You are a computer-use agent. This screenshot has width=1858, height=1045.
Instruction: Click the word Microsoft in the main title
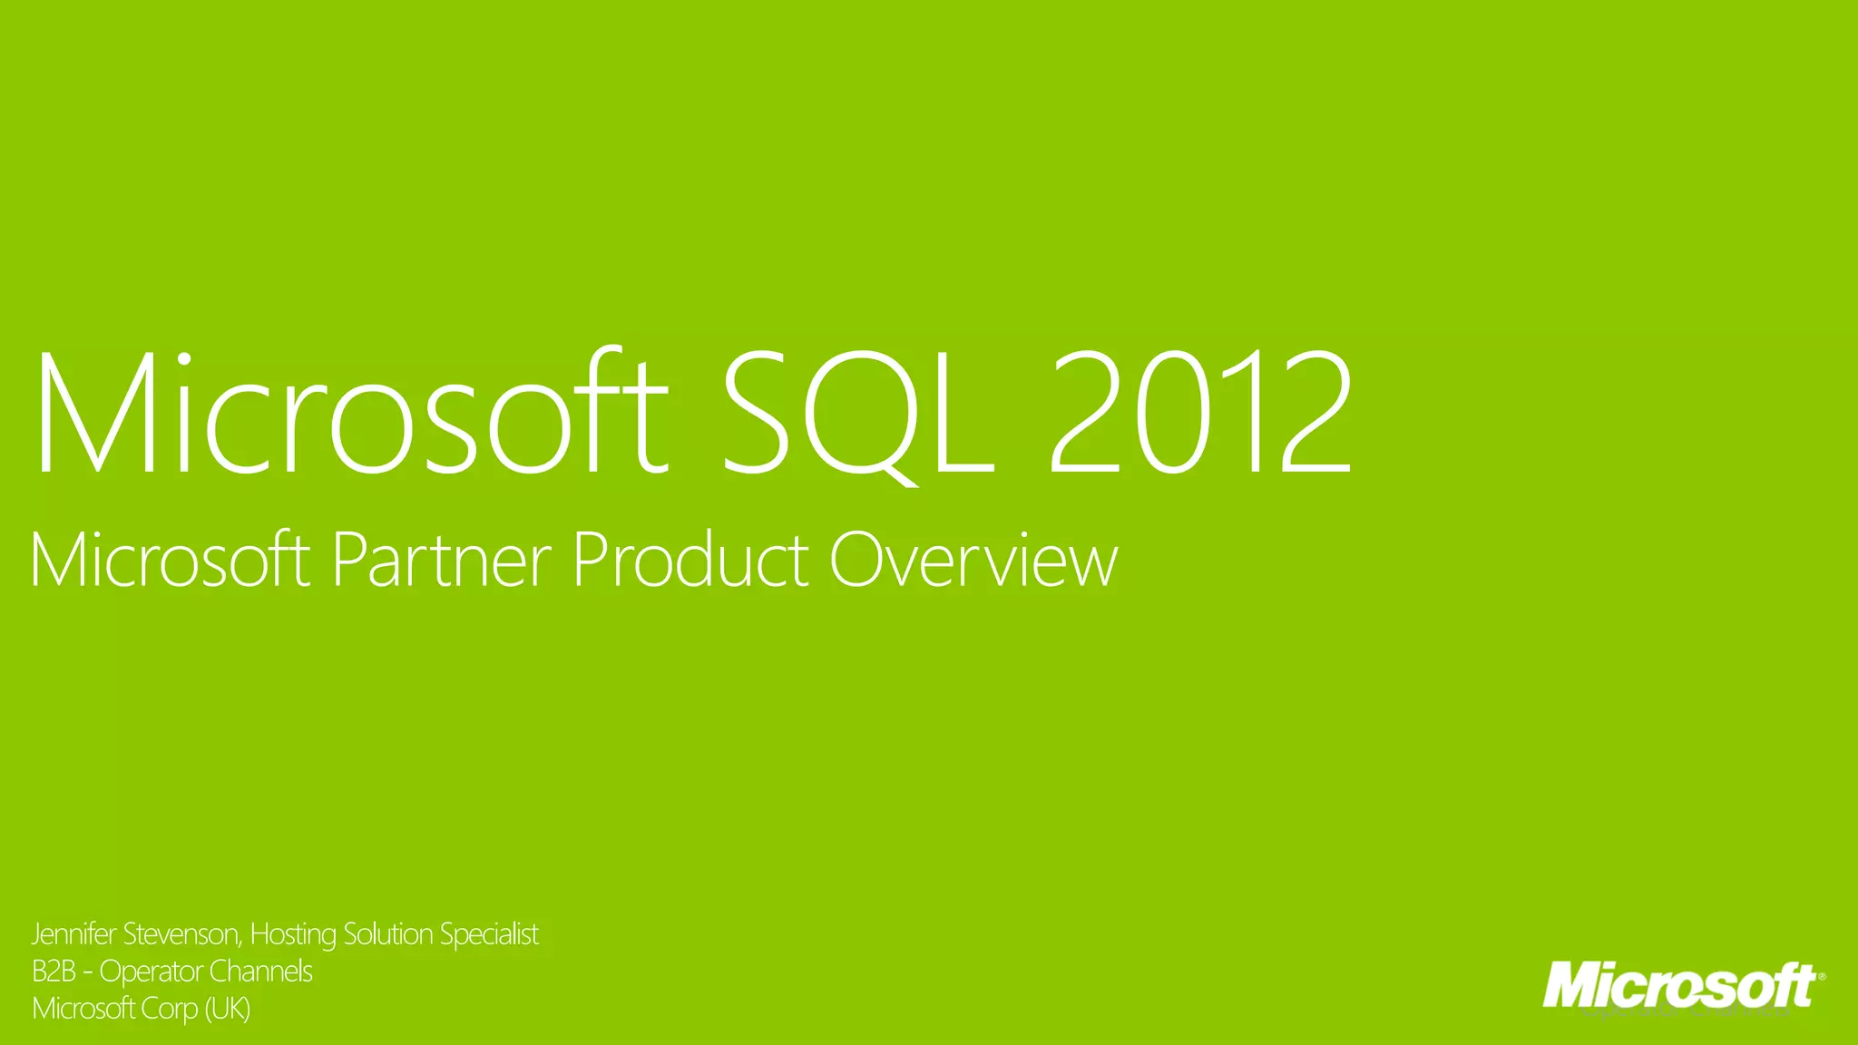tap(350, 414)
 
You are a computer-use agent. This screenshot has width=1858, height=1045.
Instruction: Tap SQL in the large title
tap(858, 414)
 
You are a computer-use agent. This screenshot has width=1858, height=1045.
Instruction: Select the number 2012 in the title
tap(1201, 414)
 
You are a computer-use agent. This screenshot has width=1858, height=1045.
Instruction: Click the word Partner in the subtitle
tap(442, 560)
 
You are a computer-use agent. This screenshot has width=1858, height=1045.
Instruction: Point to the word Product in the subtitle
tap(690, 560)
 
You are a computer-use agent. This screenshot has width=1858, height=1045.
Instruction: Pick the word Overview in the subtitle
tap(973, 560)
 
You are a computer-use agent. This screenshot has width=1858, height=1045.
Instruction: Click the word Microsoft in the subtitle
tap(170, 560)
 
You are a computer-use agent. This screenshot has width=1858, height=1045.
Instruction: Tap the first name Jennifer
tap(73, 934)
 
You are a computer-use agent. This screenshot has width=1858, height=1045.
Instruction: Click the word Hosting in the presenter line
tap(293, 934)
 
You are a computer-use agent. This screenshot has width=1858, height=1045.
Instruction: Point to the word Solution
tap(387, 934)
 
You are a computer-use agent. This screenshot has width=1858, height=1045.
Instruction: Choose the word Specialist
tap(489, 934)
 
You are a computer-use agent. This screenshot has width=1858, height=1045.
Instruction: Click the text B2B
tap(54, 972)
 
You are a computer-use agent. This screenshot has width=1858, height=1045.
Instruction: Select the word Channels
tap(261, 972)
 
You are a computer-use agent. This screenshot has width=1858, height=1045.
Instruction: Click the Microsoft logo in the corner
tap(1683, 986)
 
